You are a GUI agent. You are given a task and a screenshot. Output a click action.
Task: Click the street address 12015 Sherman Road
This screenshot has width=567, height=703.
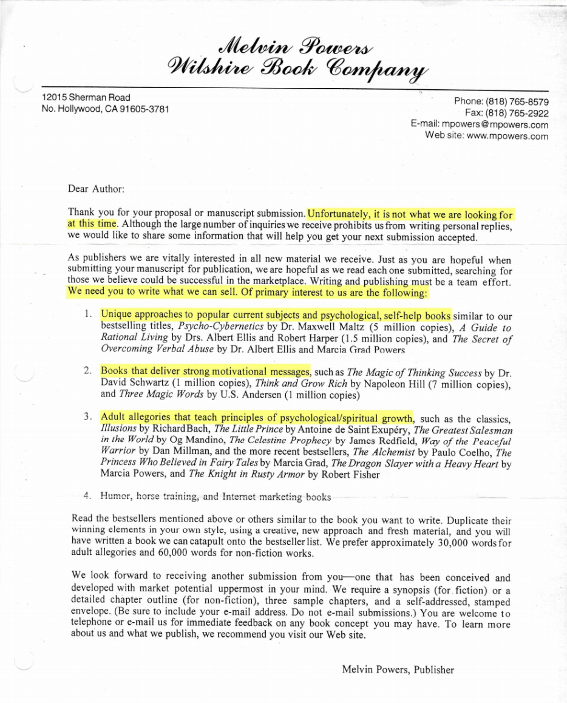(x=86, y=97)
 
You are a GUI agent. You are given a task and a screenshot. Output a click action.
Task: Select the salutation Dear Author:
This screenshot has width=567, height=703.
(x=96, y=189)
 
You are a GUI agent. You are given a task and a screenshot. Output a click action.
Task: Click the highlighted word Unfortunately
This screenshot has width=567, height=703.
(x=337, y=214)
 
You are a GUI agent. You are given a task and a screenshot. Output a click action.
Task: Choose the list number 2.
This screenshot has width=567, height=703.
(x=88, y=370)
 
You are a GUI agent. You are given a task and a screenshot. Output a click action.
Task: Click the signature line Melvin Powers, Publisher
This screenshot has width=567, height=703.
(x=398, y=670)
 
